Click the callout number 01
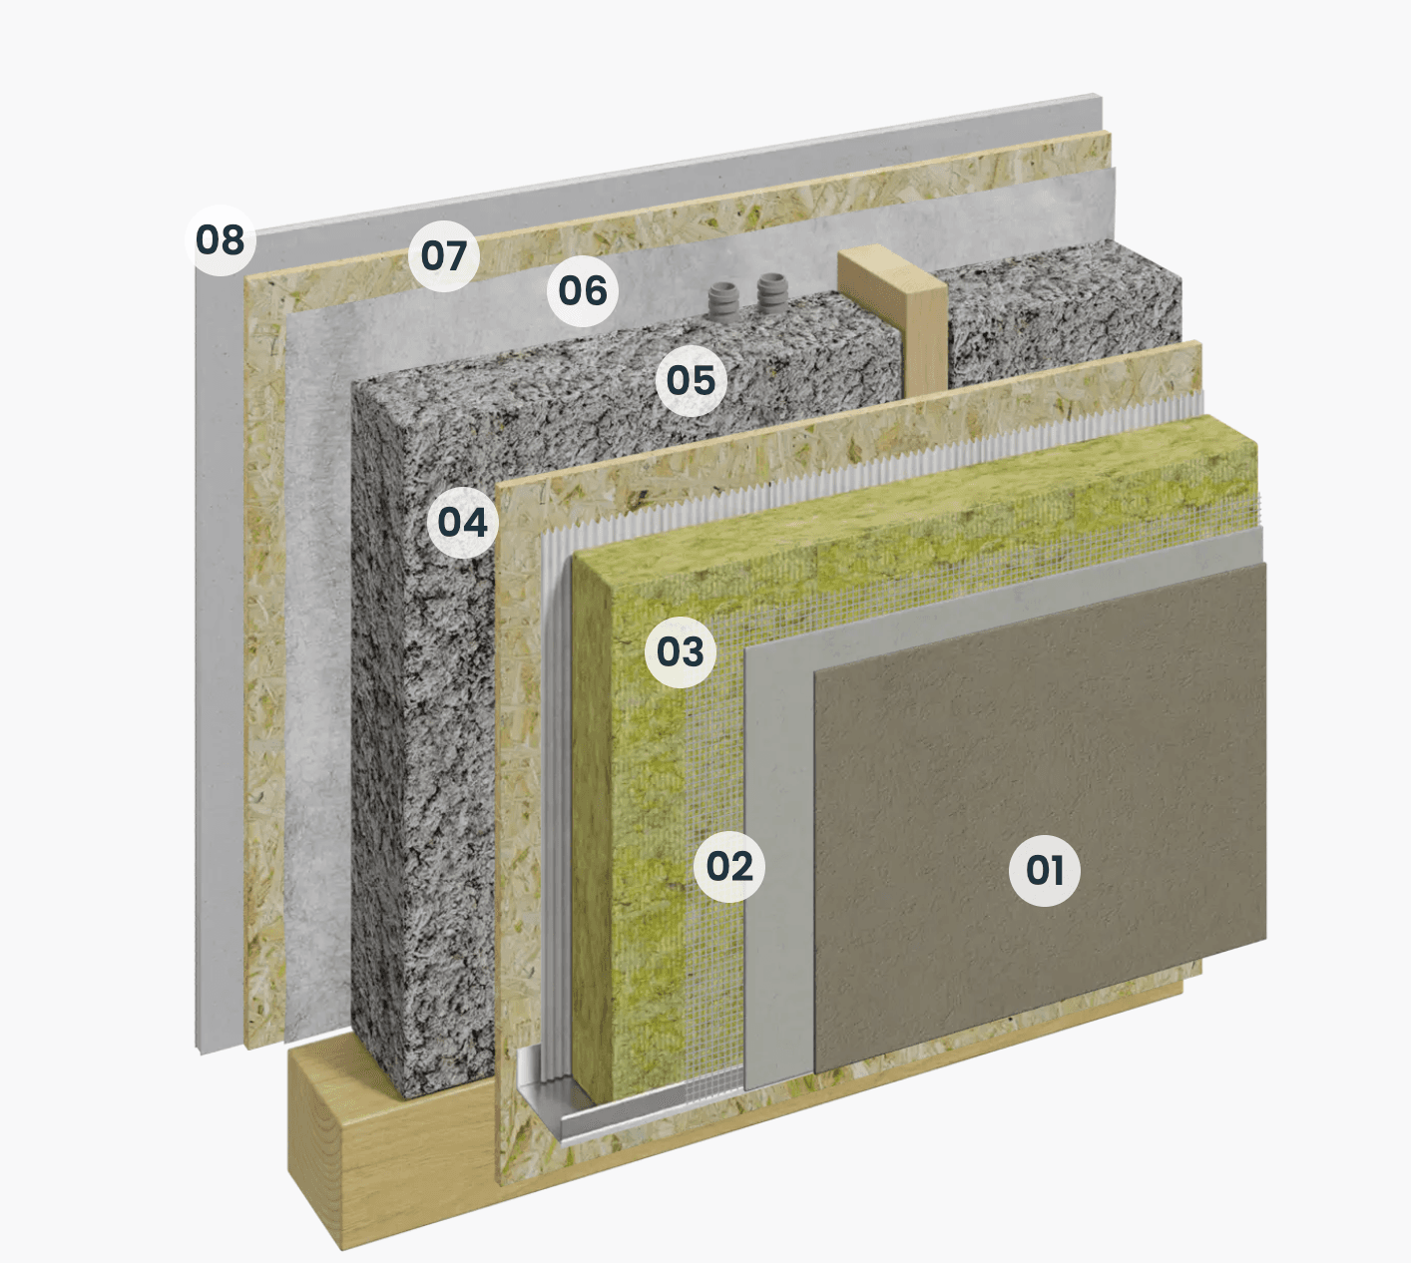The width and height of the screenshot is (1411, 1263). (1044, 870)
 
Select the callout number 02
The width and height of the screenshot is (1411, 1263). (729, 866)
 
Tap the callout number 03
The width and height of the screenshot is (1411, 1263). (681, 651)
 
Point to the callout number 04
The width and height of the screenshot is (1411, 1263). (462, 522)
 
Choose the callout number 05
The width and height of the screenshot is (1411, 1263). (691, 380)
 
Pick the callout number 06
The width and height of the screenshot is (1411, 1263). (583, 290)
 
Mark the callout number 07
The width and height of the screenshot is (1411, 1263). (444, 255)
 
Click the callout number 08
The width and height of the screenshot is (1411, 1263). (221, 240)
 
